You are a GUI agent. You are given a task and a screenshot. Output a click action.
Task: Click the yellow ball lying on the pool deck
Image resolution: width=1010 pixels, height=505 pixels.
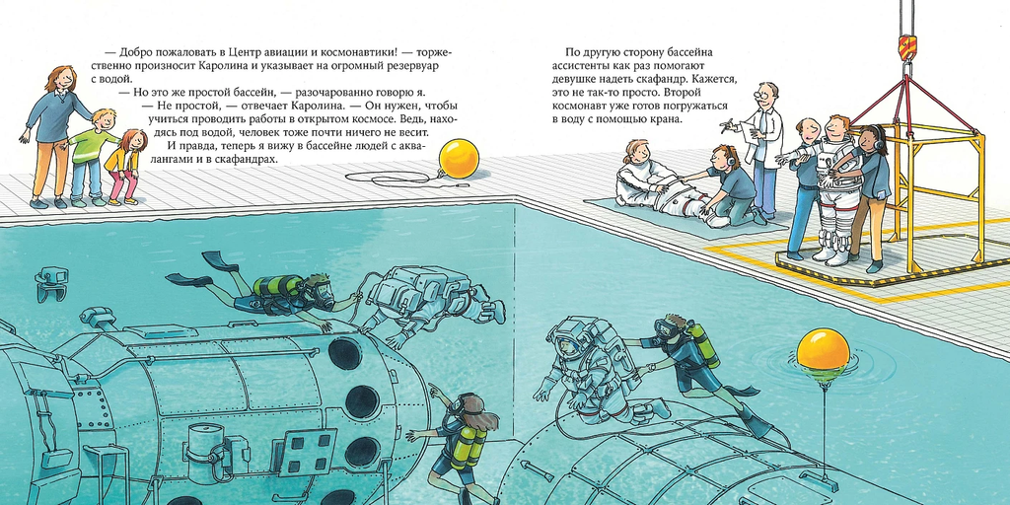pos(459,159)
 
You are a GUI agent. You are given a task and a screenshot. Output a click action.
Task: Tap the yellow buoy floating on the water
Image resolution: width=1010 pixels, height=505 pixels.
pos(823,352)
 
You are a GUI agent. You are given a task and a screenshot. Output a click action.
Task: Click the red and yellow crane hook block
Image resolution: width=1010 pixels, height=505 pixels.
pos(907,45)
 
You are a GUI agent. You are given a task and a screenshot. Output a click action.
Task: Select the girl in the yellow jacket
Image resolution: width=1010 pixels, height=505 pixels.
pos(125,166)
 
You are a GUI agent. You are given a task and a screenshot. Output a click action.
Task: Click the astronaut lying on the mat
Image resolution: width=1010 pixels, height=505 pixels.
pos(670,189)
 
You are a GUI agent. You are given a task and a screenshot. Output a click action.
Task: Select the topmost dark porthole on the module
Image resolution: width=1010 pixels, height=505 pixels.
pos(344,354)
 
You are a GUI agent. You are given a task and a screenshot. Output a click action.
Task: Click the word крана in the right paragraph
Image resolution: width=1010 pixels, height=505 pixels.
pos(664,119)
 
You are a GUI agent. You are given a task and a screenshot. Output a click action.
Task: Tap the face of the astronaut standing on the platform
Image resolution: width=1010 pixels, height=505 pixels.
pos(835,127)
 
